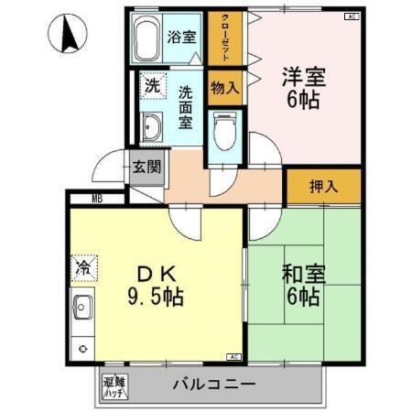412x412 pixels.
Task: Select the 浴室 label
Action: point(181,38)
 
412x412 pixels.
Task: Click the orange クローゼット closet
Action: point(222,38)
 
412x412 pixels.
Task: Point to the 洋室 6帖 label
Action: point(301,88)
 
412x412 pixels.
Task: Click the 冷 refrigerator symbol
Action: point(82,268)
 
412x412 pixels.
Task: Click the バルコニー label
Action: point(213,385)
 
